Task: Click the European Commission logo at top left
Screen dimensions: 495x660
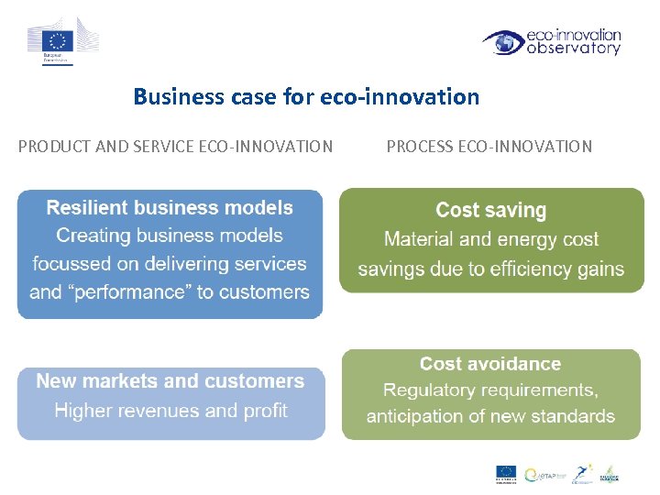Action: pyautogui.click(x=61, y=42)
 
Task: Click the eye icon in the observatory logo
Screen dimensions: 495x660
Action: pyautogui.click(x=502, y=42)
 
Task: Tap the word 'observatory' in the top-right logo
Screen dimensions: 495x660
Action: pyautogui.click(x=574, y=49)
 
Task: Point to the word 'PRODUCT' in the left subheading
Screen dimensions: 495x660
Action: pyautogui.click(x=53, y=146)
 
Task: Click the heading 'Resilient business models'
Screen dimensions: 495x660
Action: pyautogui.click(x=170, y=208)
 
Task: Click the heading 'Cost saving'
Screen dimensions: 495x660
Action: pyautogui.click(x=490, y=211)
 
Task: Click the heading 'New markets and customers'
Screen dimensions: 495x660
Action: pyautogui.click(x=170, y=381)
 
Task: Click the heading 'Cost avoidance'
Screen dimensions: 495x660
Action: pyautogui.click(x=490, y=365)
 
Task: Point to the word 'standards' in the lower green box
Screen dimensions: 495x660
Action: pyautogui.click(x=573, y=416)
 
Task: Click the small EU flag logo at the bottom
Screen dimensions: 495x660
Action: pyautogui.click(x=506, y=473)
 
